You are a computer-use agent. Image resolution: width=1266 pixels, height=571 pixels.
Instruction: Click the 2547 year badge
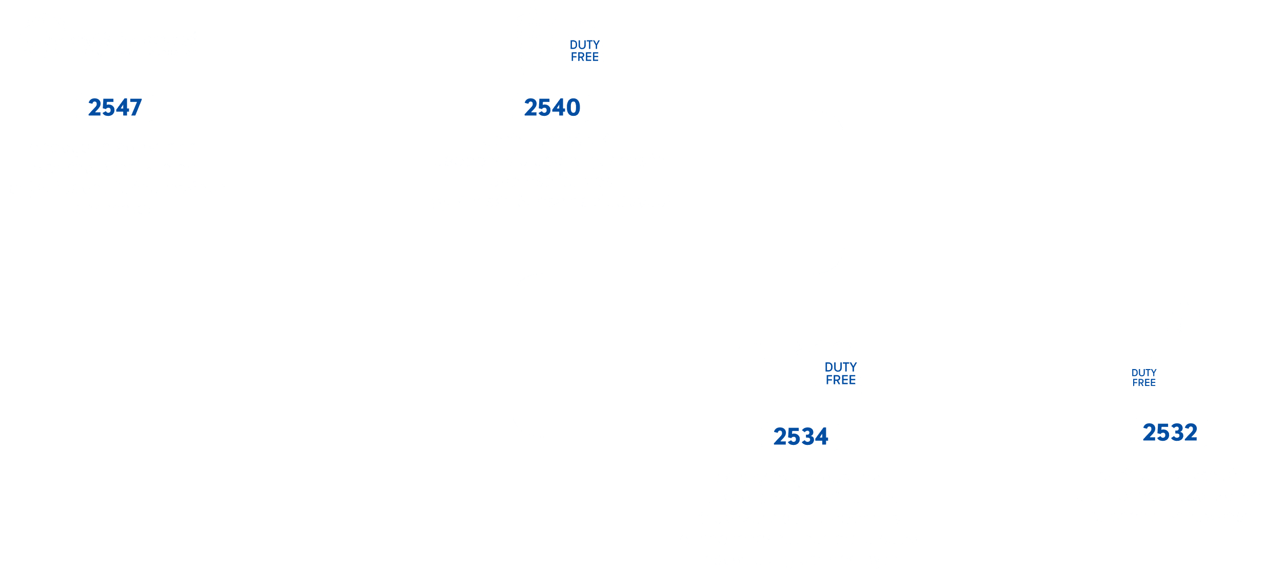115,108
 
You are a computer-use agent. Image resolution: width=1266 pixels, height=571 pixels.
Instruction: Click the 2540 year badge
551,108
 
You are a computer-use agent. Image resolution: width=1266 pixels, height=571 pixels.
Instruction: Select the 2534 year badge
800,437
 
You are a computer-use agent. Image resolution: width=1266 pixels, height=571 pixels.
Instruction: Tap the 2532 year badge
1170,433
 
